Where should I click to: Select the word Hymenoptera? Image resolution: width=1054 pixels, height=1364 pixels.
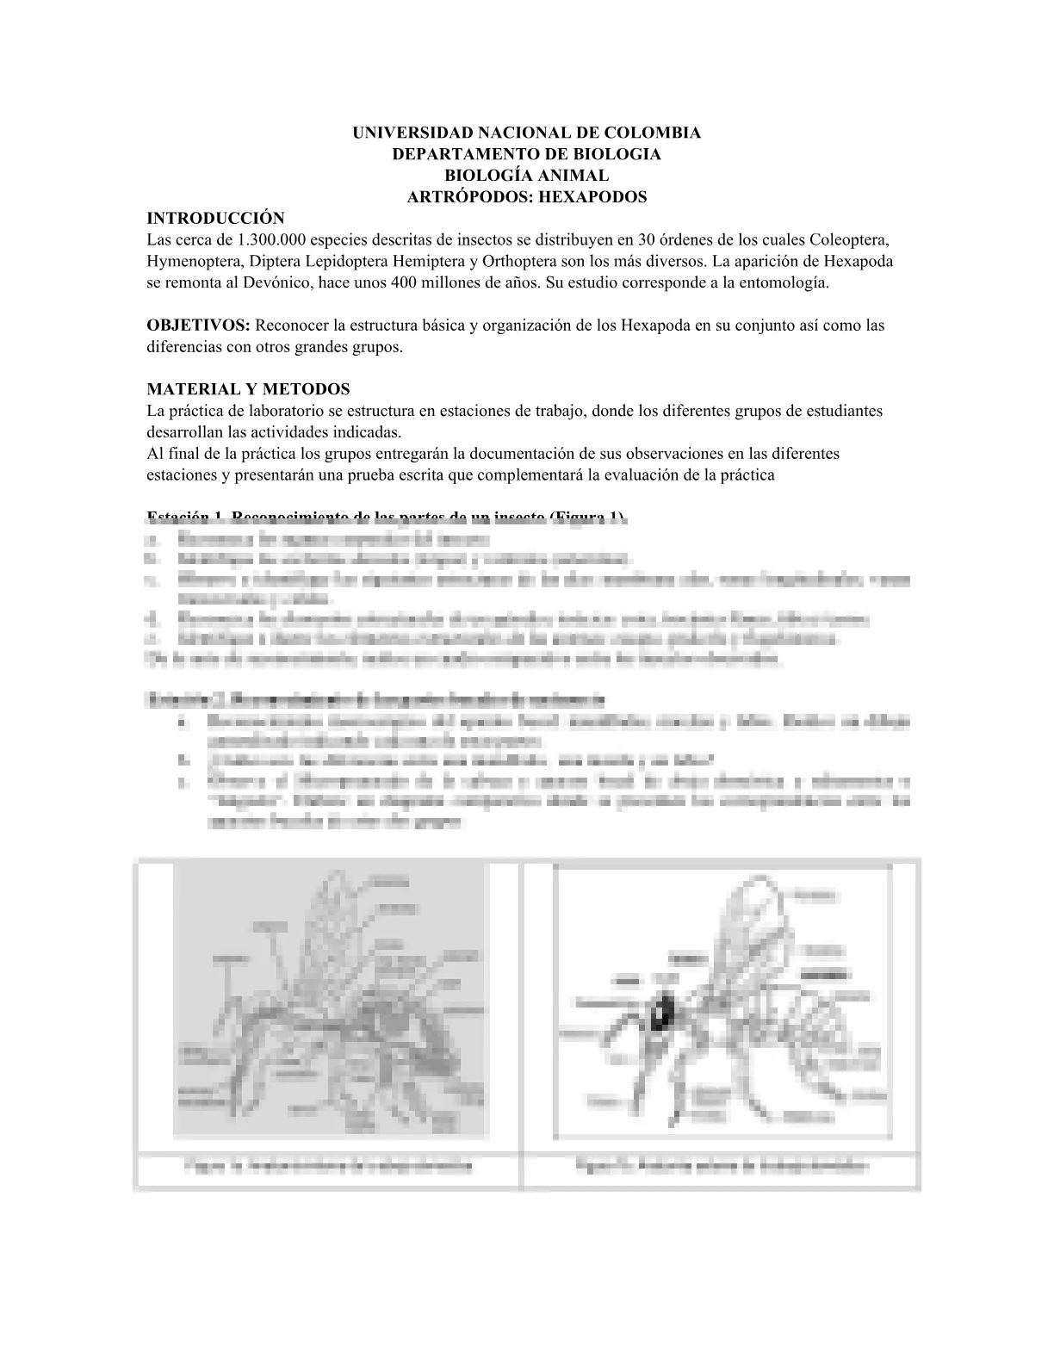click(191, 261)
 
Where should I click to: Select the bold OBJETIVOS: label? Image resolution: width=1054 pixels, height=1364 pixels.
click(199, 325)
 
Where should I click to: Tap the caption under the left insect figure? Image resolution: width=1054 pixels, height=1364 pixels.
click(328, 1167)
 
